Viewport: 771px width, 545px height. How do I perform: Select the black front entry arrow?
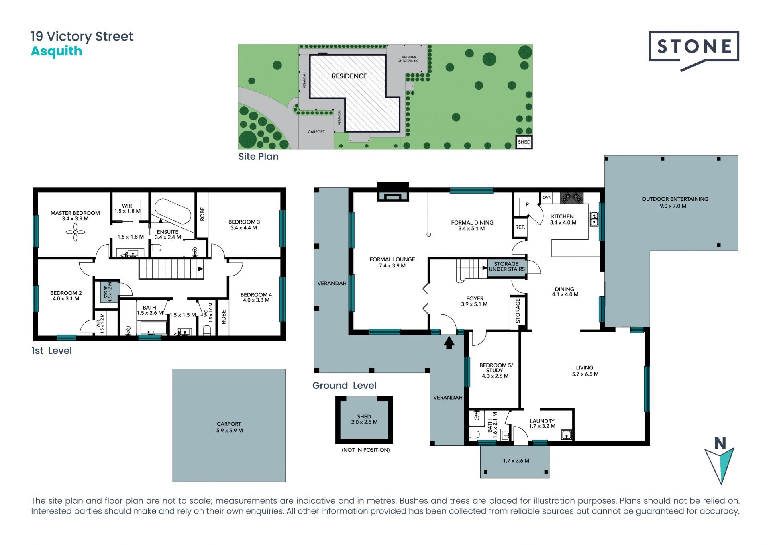click(x=449, y=342)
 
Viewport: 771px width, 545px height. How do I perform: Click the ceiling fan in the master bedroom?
click(x=75, y=232)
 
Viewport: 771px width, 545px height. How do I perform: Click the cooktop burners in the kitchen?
click(x=572, y=198)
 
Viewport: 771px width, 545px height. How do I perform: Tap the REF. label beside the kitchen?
click(x=520, y=227)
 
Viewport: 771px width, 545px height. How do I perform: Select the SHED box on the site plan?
click(x=524, y=142)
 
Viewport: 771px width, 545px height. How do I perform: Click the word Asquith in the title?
click(x=57, y=52)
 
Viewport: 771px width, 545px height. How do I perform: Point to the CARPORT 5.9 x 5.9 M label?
click(x=229, y=427)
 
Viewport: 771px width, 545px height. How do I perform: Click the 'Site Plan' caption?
click(x=258, y=157)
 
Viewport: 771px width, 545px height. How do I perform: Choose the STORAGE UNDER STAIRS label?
click(x=506, y=267)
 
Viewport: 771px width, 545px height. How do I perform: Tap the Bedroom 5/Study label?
click(x=496, y=371)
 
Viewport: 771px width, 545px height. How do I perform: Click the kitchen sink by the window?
click(x=594, y=219)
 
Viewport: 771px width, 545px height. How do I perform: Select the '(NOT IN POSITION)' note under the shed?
click(x=366, y=450)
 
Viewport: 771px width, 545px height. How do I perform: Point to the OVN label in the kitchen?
click(x=547, y=198)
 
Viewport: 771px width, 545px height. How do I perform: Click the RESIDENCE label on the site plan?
click(x=349, y=76)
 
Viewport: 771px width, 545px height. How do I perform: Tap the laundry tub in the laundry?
click(x=566, y=435)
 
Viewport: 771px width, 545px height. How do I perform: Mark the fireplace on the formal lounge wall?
click(x=393, y=192)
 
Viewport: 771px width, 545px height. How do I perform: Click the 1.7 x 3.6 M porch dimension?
click(x=516, y=461)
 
